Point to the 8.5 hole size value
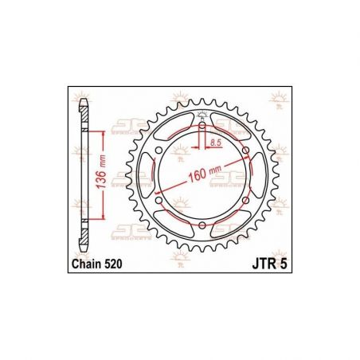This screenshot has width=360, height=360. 216,143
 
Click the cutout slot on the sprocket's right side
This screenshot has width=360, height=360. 258,176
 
